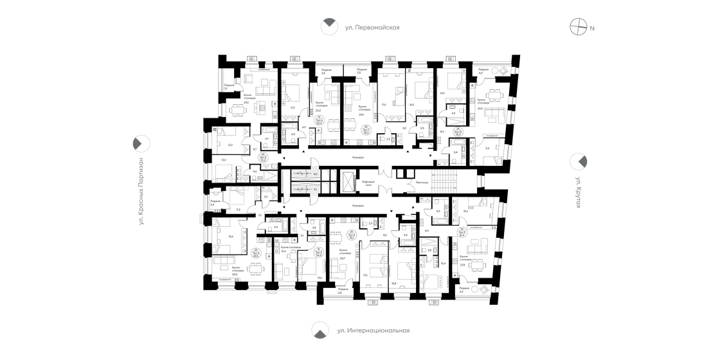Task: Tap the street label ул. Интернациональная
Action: point(373,331)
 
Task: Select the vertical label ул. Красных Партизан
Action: point(139,191)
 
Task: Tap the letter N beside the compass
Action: point(593,28)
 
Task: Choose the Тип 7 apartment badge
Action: point(366,129)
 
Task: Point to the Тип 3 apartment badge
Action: point(318,252)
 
